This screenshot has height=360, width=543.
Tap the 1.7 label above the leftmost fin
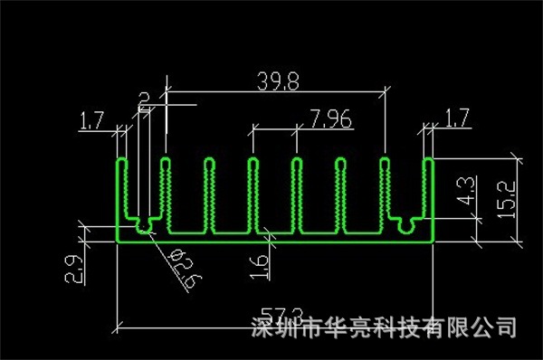coord(92,118)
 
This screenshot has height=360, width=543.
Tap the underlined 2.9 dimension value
coord(73,270)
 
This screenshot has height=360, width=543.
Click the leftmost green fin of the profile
coord(123,194)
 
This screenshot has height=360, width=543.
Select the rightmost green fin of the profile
coord(429,194)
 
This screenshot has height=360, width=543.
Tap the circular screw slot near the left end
coord(144,221)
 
